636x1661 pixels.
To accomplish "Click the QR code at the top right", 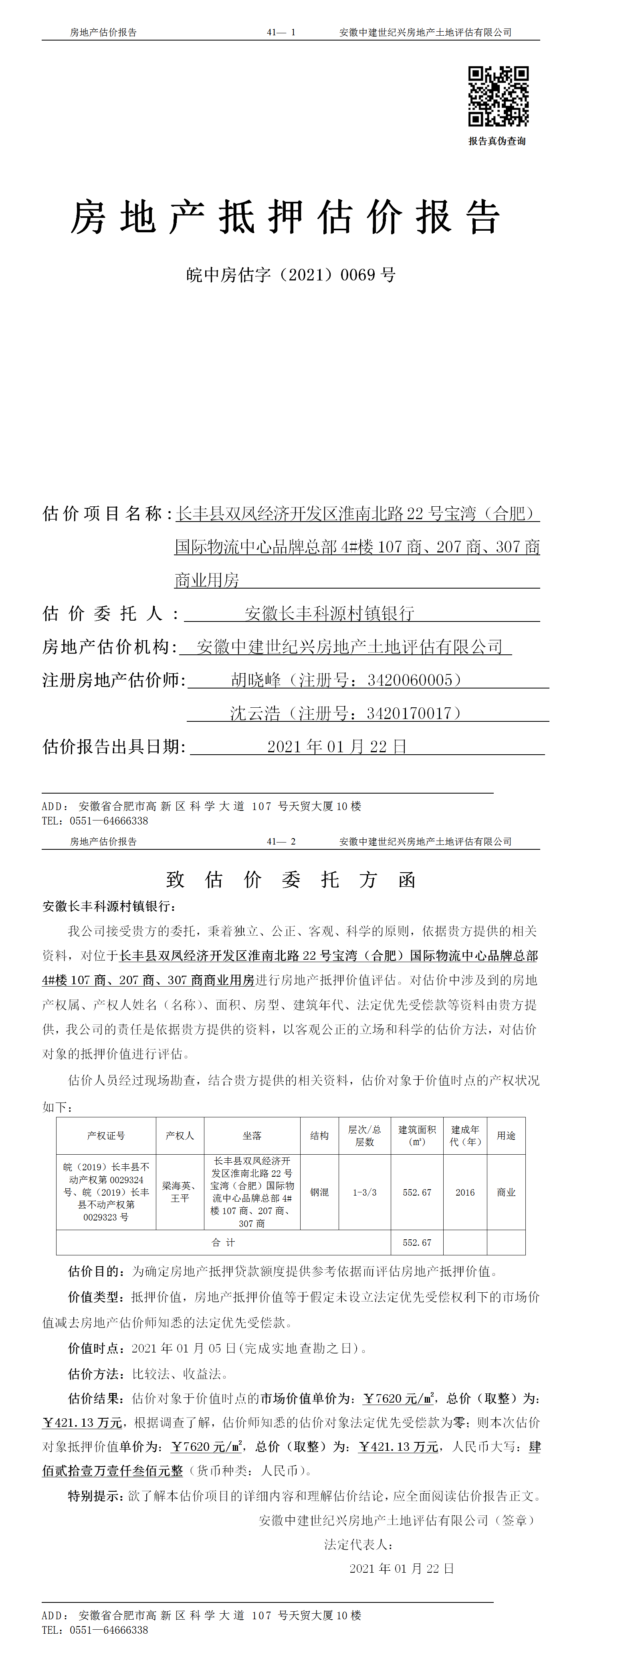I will pyautogui.click(x=498, y=96).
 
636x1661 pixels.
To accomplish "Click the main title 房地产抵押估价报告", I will pyautogui.click(x=285, y=217).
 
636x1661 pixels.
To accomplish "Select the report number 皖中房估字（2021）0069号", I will pyautogui.click(x=291, y=275).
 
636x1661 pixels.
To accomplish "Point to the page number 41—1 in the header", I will pyautogui.click(x=281, y=32).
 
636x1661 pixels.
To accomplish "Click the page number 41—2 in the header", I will pyautogui.click(x=281, y=841).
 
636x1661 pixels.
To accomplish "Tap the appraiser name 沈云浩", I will pyautogui.click(x=255, y=714).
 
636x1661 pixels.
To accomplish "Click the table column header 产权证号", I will pyautogui.click(x=106, y=1135).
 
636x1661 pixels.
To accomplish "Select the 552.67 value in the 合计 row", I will pyautogui.click(x=417, y=1243).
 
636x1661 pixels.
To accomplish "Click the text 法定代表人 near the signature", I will pyautogui.click(x=358, y=1544).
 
